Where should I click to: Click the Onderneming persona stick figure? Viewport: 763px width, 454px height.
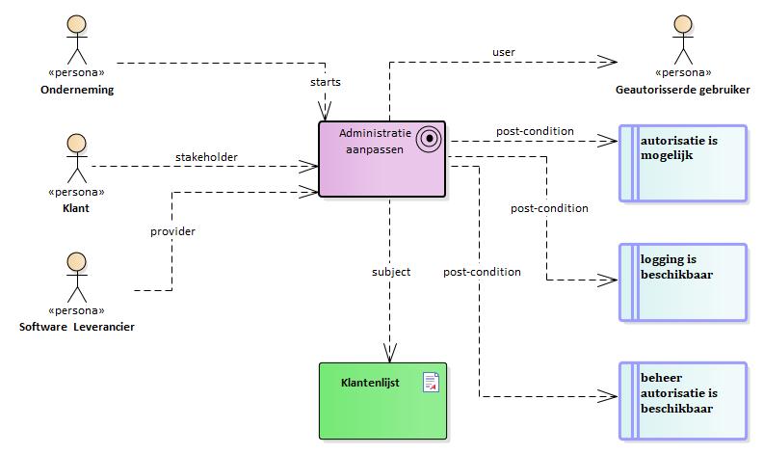(77, 40)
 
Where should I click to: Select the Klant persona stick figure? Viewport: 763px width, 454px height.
(77, 158)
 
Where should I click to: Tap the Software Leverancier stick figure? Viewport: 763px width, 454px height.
(77, 278)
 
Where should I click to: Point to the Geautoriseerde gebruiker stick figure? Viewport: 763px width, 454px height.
(683, 40)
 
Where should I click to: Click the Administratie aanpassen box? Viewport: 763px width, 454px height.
(382, 159)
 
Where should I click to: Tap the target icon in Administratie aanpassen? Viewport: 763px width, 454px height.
(429, 139)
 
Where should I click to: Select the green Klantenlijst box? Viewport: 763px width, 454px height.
(383, 401)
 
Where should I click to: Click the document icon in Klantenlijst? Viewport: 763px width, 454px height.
(431, 383)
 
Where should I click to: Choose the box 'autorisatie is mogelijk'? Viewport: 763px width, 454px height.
(683, 163)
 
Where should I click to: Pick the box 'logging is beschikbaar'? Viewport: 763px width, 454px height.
(683, 282)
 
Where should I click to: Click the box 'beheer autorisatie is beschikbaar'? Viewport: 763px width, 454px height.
(683, 401)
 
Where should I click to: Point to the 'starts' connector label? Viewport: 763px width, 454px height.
(326, 82)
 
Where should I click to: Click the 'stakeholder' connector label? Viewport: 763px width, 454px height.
(206, 157)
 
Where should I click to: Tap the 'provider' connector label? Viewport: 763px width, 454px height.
(172, 231)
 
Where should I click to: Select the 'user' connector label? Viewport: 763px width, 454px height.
(504, 52)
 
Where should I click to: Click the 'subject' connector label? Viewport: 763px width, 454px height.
(391, 272)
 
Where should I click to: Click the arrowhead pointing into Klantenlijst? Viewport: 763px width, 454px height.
(390, 353)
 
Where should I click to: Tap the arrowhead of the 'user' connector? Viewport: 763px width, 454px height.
(608, 62)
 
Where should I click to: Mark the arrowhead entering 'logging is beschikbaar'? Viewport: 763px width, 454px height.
(608, 280)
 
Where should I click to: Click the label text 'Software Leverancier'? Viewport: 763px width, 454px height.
(77, 327)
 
